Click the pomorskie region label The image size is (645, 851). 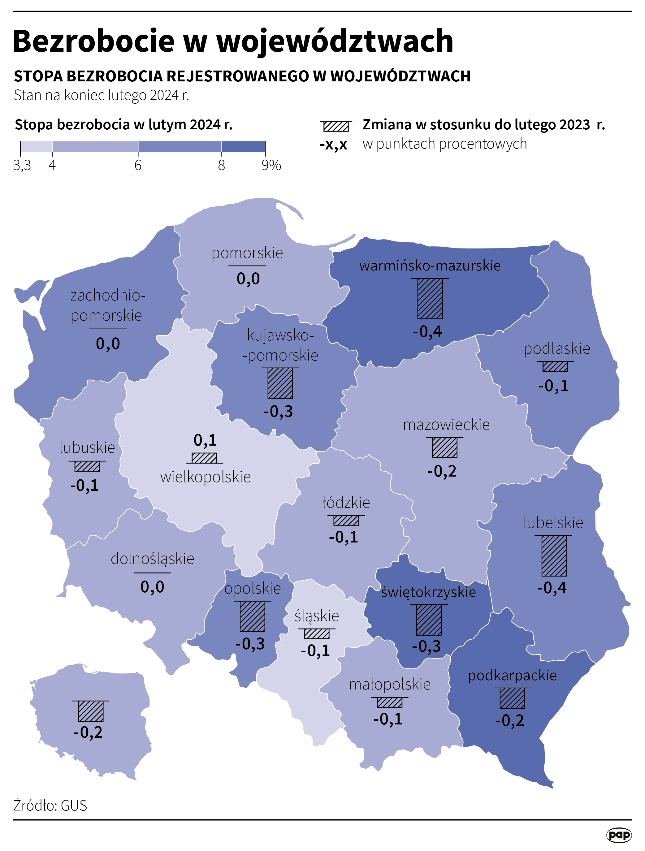click(247, 253)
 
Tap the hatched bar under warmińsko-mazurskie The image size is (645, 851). click(430, 299)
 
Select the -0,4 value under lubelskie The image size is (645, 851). click(552, 587)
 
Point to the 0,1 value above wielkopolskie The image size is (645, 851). click(205, 440)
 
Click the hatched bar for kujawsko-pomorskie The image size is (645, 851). click(280, 383)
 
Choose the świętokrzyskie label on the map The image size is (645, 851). click(428, 592)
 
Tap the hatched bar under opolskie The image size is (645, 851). click(253, 616)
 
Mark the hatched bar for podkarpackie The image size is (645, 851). click(512, 698)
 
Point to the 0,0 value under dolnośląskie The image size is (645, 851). click(152, 587)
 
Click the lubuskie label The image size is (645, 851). click(87, 447)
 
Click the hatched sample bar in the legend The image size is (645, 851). click(336, 126)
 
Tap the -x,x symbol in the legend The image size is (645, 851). click(333, 145)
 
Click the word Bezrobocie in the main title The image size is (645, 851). click(94, 41)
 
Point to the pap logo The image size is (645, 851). click(619, 835)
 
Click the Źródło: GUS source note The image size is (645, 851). click(50, 806)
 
